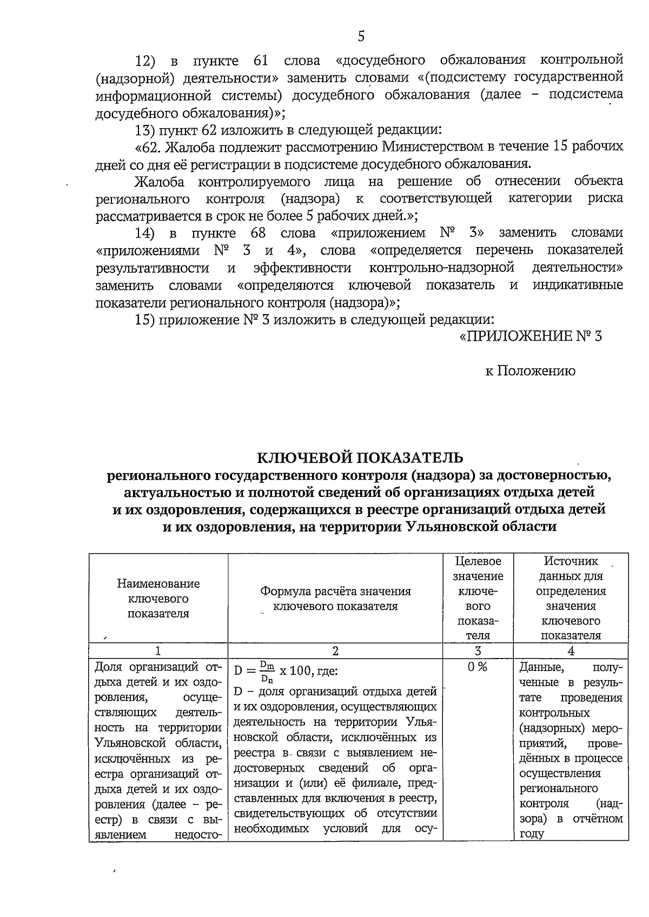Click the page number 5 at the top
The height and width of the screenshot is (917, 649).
(361, 36)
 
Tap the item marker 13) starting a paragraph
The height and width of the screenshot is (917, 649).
(145, 130)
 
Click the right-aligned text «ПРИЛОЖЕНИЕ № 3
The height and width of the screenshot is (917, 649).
(530, 336)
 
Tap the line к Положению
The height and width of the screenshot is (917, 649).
(530, 371)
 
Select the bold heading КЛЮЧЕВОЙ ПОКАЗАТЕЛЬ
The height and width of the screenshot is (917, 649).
(360, 458)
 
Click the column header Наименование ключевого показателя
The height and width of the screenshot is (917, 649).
(158, 599)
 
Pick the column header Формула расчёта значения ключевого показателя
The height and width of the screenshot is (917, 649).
(335, 599)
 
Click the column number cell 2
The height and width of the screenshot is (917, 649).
(335, 651)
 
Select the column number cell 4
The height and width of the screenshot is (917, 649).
(571, 651)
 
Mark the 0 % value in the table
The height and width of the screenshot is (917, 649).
(478, 667)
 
